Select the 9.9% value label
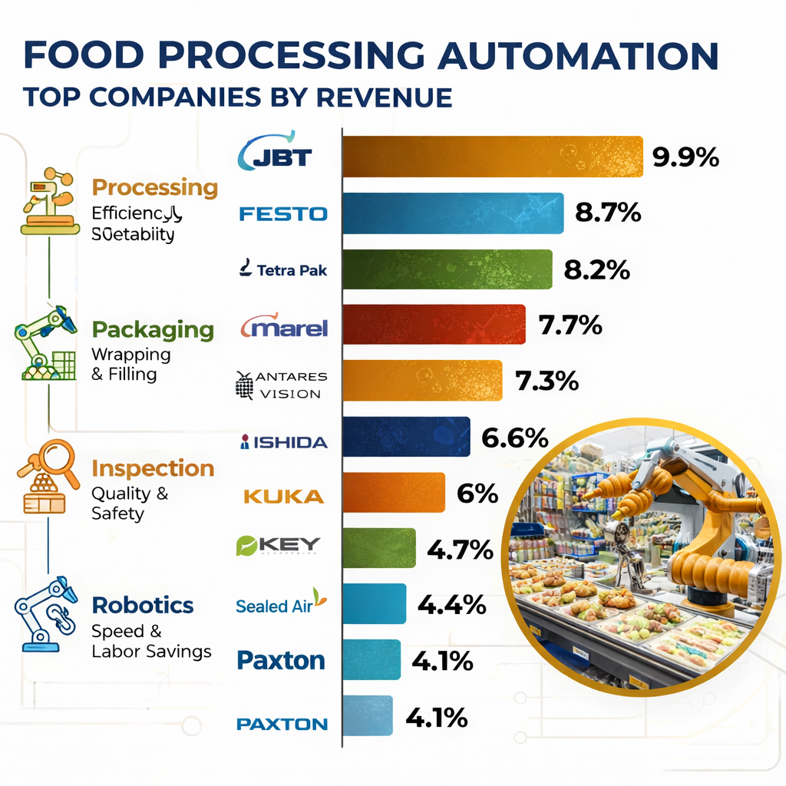pos(685,157)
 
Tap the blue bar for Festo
pos(453,213)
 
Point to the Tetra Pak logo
pos(283,269)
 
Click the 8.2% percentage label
pos(596,269)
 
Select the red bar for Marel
pos(434,325)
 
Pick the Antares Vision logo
pos(281,385)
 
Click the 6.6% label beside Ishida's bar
pos(514,438)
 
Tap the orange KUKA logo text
pos(283,496)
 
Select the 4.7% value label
pos(460,550)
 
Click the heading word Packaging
pos(153,330)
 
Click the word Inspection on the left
pos(153,468)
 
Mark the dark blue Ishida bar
pos(406,438)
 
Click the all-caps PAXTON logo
pos(282,724)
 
